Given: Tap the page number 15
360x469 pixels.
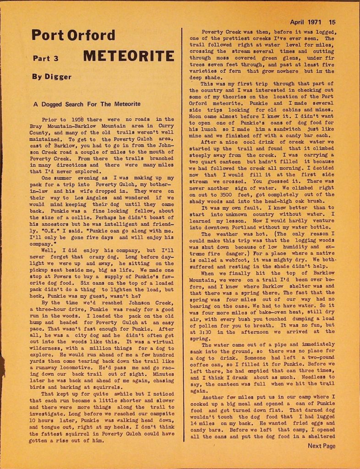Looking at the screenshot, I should coord(332,22).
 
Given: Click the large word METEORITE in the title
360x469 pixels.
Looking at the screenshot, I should coord(129,56).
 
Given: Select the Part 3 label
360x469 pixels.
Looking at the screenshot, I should coord(45,58).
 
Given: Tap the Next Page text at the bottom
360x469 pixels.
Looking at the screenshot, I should coord(321,446).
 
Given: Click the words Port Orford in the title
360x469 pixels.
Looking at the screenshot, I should coord(73,35).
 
